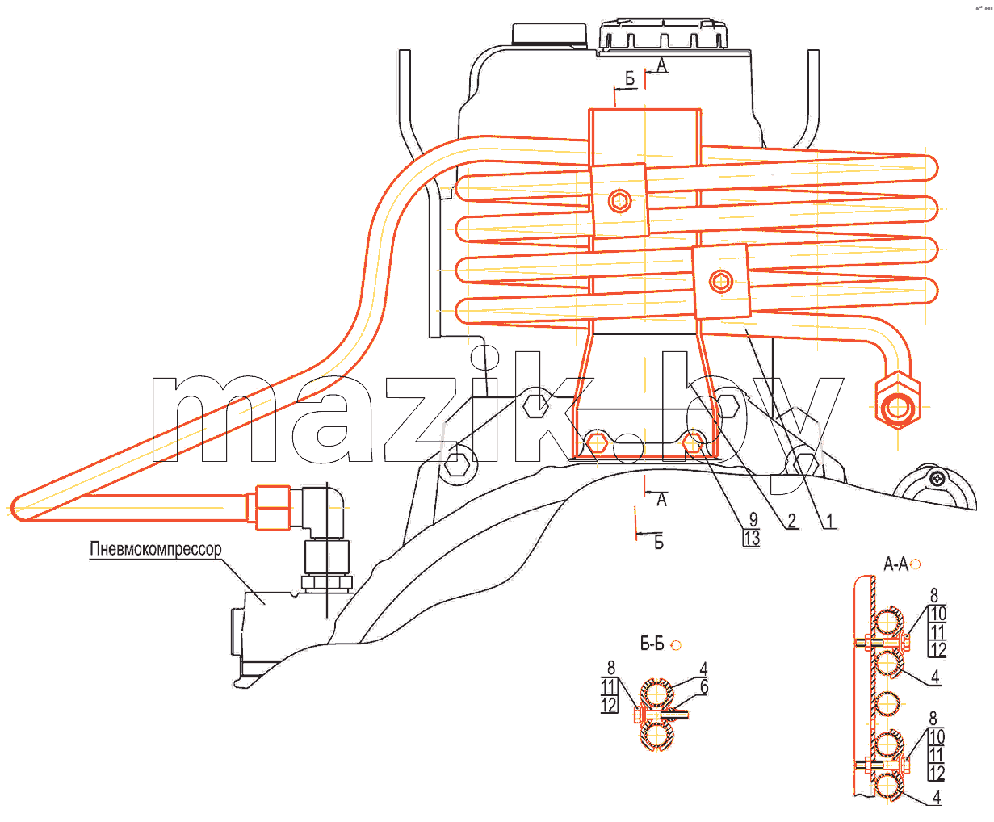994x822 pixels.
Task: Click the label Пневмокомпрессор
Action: pyautogui.click(x=156, y=549)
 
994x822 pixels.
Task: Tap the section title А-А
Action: pyautogui.click(x=895, y=564)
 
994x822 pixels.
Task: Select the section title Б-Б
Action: pyautogui.click(x=652, y=644)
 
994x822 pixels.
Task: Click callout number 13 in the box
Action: pyautogui.click(x=752, y=538)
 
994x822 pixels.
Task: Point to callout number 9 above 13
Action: pyautogui.click(x=753, y=519)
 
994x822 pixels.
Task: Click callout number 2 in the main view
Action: pyautogui.click(x=791, y=521)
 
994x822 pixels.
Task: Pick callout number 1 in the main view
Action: pyautogui.click(x=828, y=521)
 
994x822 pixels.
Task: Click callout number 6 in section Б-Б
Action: pyautogui.click(x=704, y=687)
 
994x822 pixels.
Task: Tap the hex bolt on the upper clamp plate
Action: pyautogui.click(x=620, y=201)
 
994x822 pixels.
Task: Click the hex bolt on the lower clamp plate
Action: pyautogui.click(x=721, y=281)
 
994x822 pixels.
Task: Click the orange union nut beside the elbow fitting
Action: pyautogui.click(x=273, y=508)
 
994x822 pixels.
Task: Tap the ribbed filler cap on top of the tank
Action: pyautogui.click(x=664, y=36)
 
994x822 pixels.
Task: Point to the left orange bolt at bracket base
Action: pyautogui.click(x=596, y=442)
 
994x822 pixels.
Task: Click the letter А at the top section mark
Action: pyautogui.click(x=661, y=65)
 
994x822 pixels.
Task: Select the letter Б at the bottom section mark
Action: pyautogui.click(x=659, y=542)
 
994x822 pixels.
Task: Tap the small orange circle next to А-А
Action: pyautogui.click(x=915, y=564)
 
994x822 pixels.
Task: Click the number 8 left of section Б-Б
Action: pyautogui.click(x=611, y=668)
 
